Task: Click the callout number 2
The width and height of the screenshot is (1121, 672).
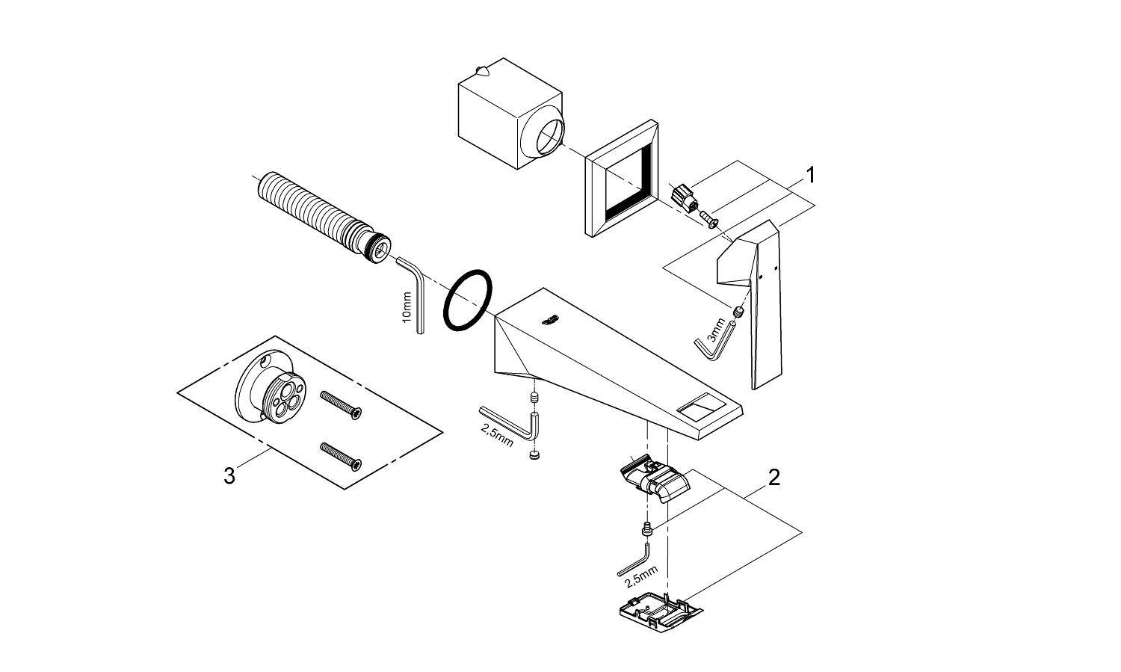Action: [x=774, y=477]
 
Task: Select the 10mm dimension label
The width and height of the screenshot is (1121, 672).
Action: [x=407, y=306]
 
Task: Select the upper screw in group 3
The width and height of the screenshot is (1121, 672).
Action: [x=341, y=404]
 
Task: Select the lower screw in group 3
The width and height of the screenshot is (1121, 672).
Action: [x=341, y=456]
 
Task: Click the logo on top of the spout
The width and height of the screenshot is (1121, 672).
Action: [x=549, y=321]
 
